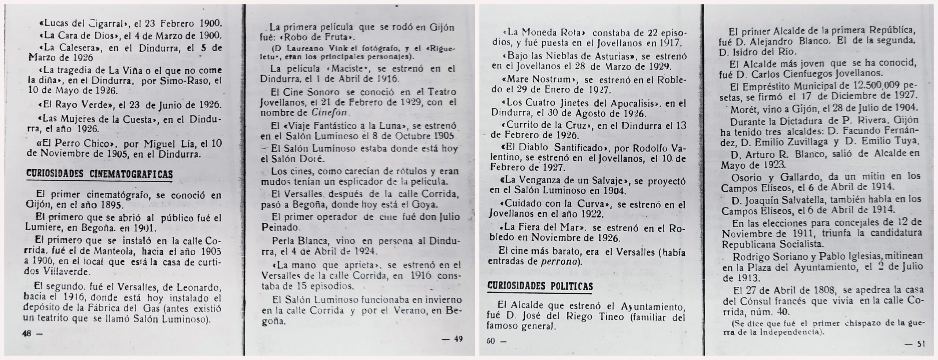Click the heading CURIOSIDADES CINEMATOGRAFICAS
tap(99, 175)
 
